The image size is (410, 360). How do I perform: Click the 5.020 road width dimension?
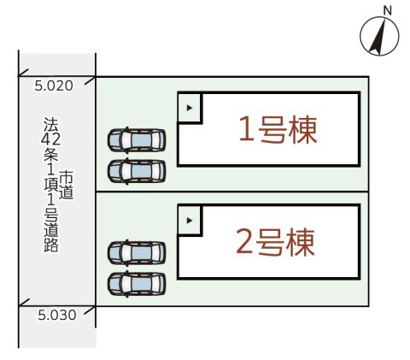(54, 86)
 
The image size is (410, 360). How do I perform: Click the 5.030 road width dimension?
(57, 316)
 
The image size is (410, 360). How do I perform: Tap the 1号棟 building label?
(278, 130)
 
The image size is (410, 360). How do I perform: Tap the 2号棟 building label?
(275, 242)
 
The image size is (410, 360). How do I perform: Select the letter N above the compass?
(387, 11)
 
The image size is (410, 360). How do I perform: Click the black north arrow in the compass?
(378, 37)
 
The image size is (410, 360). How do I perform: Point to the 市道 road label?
(67, 185)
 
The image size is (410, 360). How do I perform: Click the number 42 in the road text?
(50, 139)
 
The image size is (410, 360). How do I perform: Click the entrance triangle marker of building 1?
(190, 108)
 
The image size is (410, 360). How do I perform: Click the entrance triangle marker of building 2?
(190, 221)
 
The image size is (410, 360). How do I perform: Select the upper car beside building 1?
(137, 140)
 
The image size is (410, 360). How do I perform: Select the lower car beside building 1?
(137, 171)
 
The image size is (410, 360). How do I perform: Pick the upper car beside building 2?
(137, 253)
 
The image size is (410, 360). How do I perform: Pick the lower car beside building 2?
(137, 284)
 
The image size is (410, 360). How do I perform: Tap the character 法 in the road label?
(51, 125)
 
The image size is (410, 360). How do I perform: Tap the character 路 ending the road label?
(51, 245)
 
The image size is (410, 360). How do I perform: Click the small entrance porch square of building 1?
(190, 108)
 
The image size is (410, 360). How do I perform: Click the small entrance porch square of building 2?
(190, 221)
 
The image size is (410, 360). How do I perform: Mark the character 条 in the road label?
(51, 155)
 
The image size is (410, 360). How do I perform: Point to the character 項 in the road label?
(51, 185)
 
